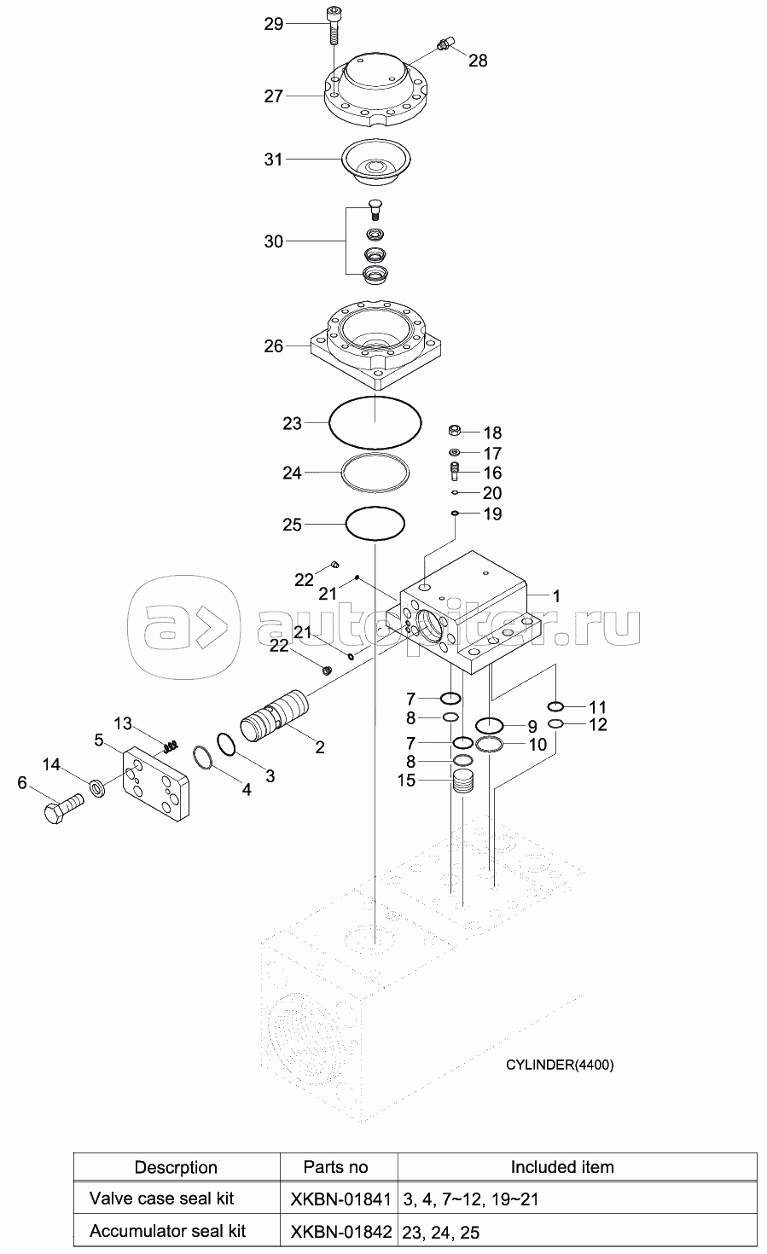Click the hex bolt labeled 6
[61, 805]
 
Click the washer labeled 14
[98, 787]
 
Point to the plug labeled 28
[445, 44]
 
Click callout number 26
[273, 346]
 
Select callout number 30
[273, 241]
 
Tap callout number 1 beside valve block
[555, 596]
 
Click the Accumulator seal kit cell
[167, 1230]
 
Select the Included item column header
[561, 1166]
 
